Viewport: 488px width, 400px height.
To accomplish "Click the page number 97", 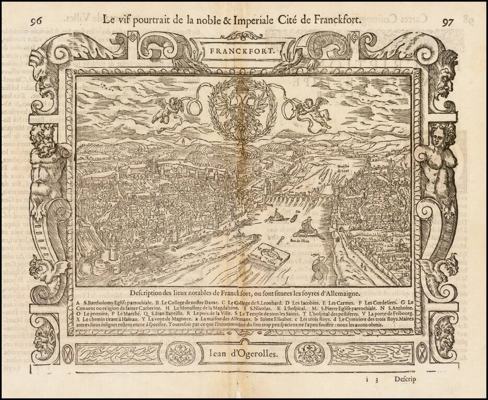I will pos(448,22).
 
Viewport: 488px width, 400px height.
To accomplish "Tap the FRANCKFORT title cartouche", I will pos(243,52).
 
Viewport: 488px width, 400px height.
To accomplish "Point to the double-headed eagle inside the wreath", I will pos(243,107).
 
